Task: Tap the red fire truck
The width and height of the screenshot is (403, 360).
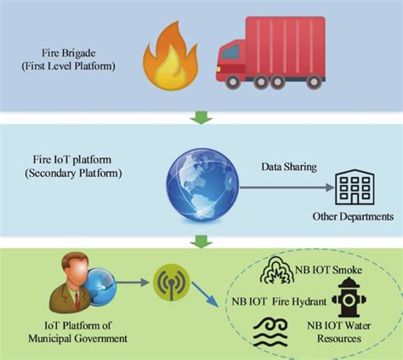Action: coord(270,51)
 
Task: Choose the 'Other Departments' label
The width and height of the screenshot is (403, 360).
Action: coord(352,216)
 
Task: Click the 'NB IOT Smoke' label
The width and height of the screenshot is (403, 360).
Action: coord(339,270)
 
